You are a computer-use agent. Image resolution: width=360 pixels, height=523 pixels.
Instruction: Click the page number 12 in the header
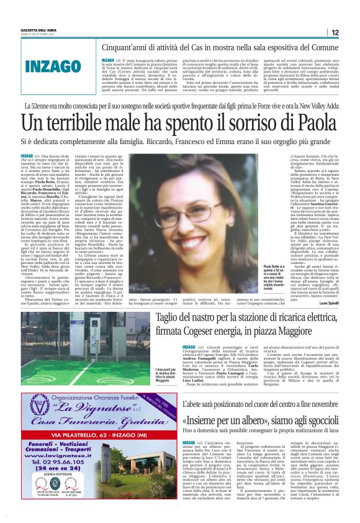coord(335,32)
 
